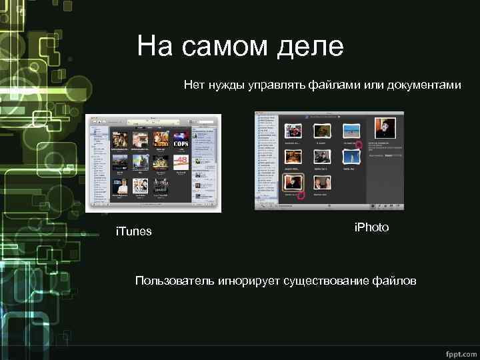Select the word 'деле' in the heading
pos(311,47)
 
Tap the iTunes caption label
pos(134,231)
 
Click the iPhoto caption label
pos(371,227)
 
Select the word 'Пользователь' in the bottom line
pos(174,281)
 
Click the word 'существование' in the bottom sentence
pos(323,281)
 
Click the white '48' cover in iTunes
pos(181,161)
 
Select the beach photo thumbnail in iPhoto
pos(349,131)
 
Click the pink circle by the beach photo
pos(359,144)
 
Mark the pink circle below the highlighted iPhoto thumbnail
pos(300,195)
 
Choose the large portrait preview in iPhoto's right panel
pos(385,128)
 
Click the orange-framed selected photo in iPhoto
pos(294,181)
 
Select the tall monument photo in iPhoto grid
pos(349,157)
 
